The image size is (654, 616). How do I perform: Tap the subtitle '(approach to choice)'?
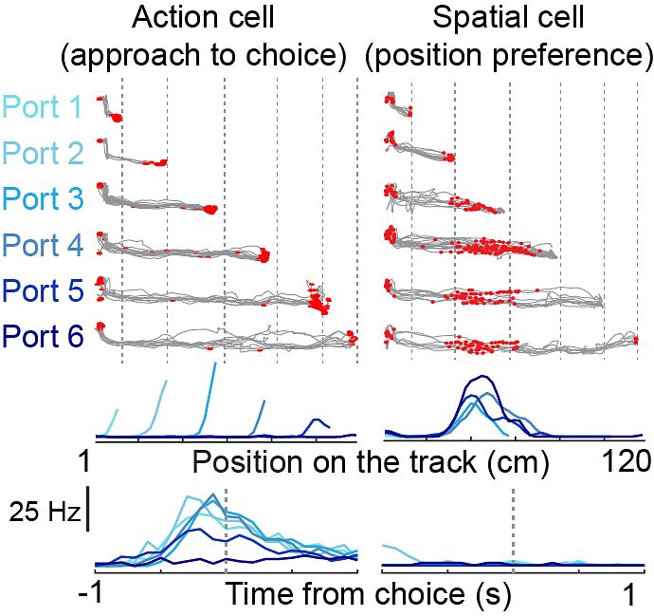click(x=202, y=58)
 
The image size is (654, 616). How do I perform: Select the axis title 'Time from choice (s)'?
click(x=368, y=595)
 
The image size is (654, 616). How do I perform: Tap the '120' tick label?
click(x=626, y=463)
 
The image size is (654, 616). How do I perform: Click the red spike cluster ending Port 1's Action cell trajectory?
click(x=117, y=118)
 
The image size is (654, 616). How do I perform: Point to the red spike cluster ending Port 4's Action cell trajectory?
click(x=264, y=254)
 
